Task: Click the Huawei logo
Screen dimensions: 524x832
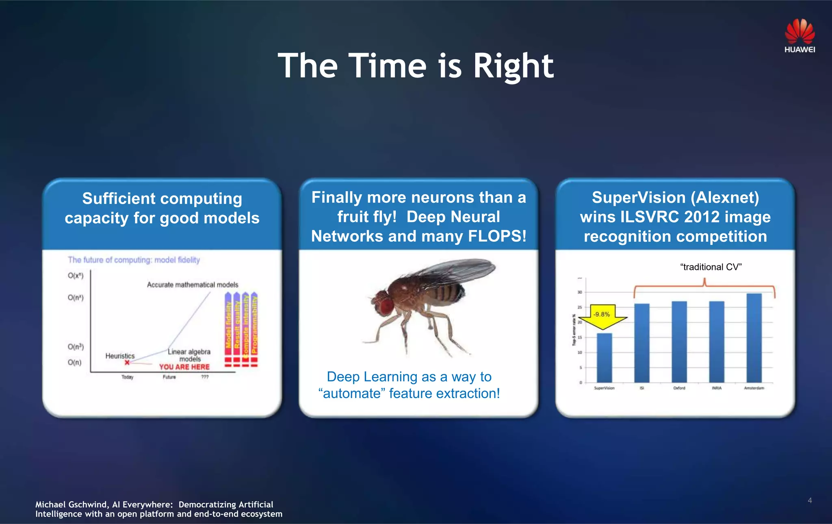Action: [x=799, y=36]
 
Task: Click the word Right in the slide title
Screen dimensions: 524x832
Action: [x=513, y=66]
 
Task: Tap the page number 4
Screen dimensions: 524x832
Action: [x=810, y=500]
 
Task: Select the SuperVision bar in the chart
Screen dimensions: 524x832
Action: [x=604, y=358]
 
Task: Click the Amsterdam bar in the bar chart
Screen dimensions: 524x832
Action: [x=754, y=337]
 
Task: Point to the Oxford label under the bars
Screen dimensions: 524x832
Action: [x=679, y=388]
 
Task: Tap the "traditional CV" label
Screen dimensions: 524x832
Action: [x=711, y=267]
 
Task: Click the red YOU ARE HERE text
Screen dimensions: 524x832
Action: [x=184, y=367]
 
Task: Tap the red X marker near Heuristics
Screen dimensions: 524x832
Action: [x=127, y=362]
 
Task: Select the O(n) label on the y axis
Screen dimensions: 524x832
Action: [x=74, y=362]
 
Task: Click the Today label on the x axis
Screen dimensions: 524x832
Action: [x=127, y=377]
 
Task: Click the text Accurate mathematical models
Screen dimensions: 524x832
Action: [x=192, y=285]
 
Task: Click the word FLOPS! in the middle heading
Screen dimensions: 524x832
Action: [x=497, y=236]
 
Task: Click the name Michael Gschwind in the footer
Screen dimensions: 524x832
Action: [x=71, y=504]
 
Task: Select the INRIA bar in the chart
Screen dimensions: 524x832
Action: [x=717, y=341]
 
